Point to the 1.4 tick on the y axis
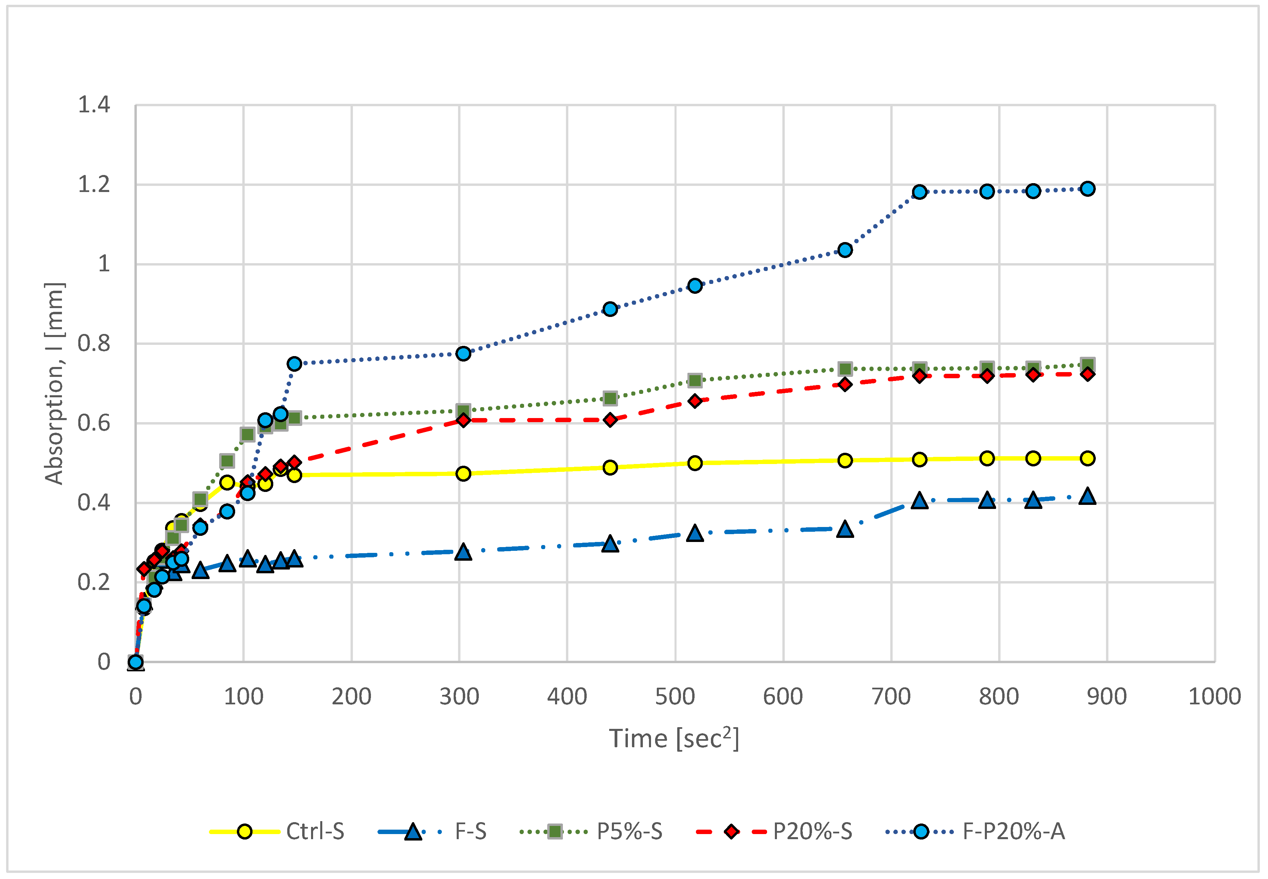click(94, 105)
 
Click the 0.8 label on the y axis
click(94, 344)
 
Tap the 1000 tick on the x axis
click(1214, 697)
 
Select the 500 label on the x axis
click(675, 697)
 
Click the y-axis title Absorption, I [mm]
click(54, 384)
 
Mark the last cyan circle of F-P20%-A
click(1087, 189)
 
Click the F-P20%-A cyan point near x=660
click(845, 250)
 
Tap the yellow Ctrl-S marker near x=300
click(464, 474)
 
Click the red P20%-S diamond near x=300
click(464, 420)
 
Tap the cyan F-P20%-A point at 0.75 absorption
click(295, 364)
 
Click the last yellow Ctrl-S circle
click(1087, 458)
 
